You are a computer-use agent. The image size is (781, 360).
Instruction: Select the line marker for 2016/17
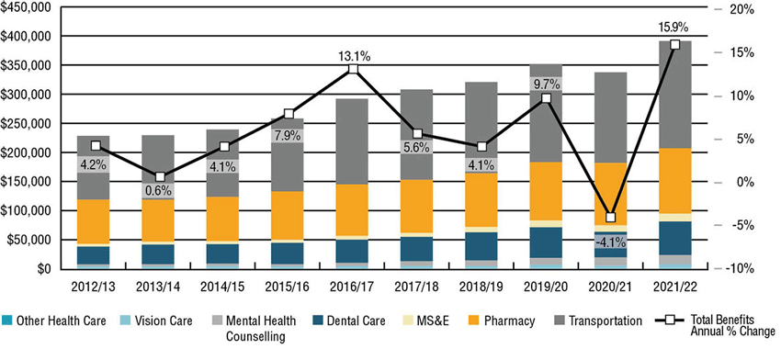pyautogui.click(x=353, y=69)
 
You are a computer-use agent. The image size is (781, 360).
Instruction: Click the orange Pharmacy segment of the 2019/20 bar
pyautogui.click(x=546, y=191)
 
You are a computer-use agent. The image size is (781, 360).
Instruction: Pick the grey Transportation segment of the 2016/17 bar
pyautogui.click(x=353, y=141)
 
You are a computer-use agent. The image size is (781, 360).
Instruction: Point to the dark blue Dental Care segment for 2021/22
pyautogui.click(x=675, y=239)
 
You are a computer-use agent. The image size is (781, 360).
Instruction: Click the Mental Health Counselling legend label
pyautogui.click(x=260, y=329)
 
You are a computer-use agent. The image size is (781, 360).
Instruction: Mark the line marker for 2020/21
pyautogui.click(x=611, y=218)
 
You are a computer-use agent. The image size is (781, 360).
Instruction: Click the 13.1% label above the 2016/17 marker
pyautogui.click(x=353, y=57)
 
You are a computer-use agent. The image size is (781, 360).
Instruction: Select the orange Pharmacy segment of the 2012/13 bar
pyautogui.click(x=93, y=221)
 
